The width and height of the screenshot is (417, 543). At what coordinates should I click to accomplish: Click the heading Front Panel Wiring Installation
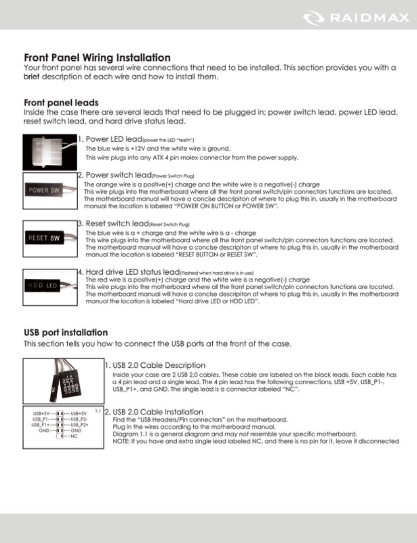tap(97, 58)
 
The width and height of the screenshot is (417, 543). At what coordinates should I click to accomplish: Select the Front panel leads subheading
tap(61, 102)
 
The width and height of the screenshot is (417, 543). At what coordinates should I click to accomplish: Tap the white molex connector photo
tap(49, 152)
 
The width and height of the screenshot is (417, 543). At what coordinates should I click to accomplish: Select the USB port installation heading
tap(66, 333)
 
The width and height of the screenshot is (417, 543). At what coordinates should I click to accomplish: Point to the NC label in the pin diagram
tap(74, 436)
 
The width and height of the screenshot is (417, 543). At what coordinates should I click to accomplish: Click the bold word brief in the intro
tap(32, 77)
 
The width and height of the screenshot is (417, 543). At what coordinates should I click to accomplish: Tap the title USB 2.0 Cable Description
tap(159, 365)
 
